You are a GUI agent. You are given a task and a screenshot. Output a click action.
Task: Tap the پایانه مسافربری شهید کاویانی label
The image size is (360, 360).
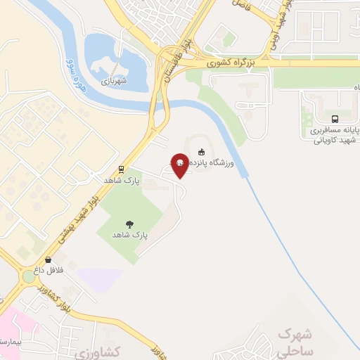335,135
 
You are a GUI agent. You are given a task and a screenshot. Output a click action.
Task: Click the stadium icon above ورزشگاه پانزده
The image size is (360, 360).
202,151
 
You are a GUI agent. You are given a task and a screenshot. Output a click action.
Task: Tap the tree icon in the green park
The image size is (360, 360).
128,224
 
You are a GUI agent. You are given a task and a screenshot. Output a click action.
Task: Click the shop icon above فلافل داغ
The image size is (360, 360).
49,259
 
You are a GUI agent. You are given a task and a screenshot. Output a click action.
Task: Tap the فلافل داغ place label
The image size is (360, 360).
49,270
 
